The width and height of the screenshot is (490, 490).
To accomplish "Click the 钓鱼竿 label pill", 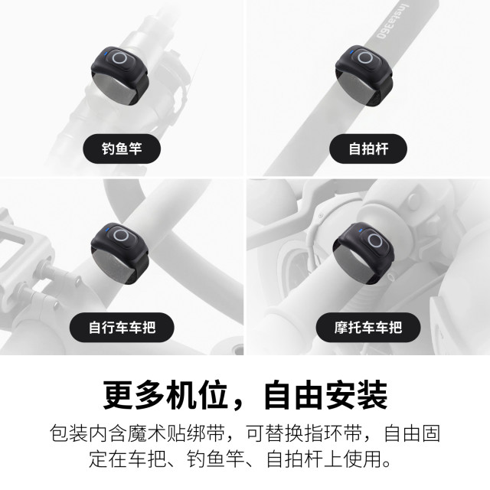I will tap(122, 148).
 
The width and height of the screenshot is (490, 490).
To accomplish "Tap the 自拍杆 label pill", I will tap(368, 148).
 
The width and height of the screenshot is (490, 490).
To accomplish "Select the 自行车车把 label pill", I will tap(122, 328).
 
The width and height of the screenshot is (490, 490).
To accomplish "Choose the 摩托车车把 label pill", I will tap(368, 328).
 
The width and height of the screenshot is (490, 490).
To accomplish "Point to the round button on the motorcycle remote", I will tap(374, 240).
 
